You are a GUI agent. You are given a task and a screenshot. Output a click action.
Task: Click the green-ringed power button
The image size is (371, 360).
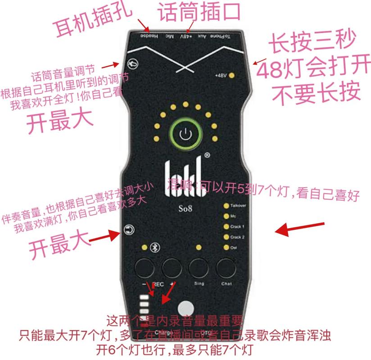(185, 134)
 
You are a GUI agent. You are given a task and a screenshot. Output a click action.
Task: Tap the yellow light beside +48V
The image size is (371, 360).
(232, 75)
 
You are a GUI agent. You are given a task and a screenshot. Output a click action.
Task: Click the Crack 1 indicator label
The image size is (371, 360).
(237, 227)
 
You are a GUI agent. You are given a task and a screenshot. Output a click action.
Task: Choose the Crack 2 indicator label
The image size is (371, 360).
(237, 237)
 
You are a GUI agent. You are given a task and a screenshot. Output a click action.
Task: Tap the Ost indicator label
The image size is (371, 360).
(234, 247)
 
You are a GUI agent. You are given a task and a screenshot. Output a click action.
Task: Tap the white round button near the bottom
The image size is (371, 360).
(185, 309)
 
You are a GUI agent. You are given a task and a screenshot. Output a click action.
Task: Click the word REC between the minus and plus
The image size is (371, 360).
(158, 284)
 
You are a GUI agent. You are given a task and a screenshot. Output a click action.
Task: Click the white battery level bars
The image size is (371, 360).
(145, 305)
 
